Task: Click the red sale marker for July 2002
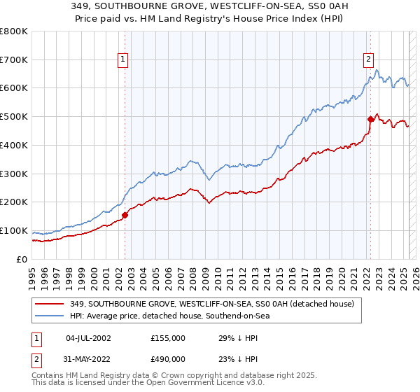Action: click(125, 215)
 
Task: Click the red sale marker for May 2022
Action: click(370, 119)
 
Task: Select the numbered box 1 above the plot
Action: click(122, 60)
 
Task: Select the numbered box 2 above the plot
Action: click(368, 60)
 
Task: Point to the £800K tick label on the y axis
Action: click(14, 31)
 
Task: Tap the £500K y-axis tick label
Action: click(14, 117)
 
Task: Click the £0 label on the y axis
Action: click(22, 259)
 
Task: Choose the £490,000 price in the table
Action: click(168, 359)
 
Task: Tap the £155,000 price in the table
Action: click(168, 338)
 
